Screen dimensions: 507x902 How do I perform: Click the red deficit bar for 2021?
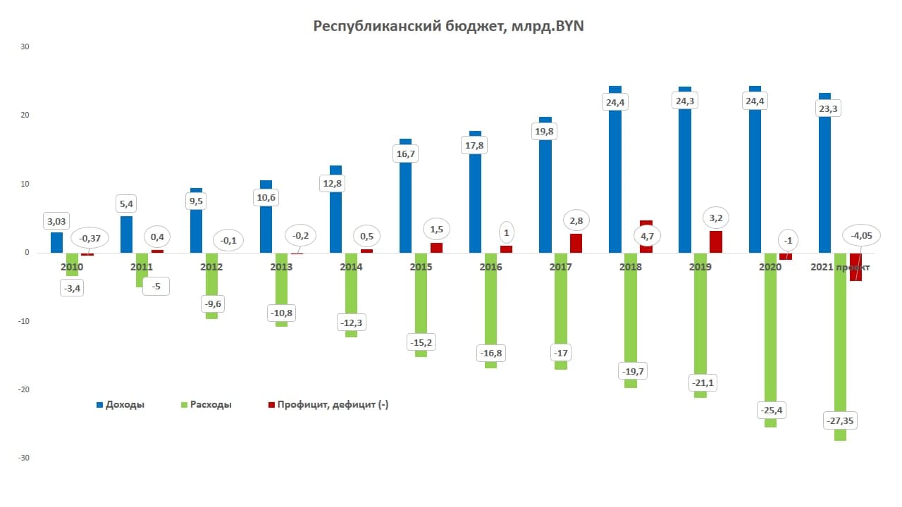click(x=855, y=271)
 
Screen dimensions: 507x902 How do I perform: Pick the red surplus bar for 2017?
click(x=576, y=243)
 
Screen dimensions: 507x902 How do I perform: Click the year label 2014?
click(x=351, y=268)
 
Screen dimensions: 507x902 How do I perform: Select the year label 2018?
click(x=630, y=268)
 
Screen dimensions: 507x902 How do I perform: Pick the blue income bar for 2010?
click(x=56, y=243)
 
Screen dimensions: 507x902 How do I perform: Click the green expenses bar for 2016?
click(x=491, y=317)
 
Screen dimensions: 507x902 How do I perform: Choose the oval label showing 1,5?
click(x=435, y=230)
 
